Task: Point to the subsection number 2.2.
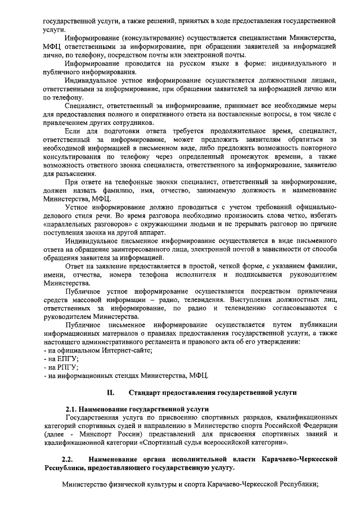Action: tap(67, 460)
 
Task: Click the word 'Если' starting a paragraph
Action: tap(71, 131)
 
